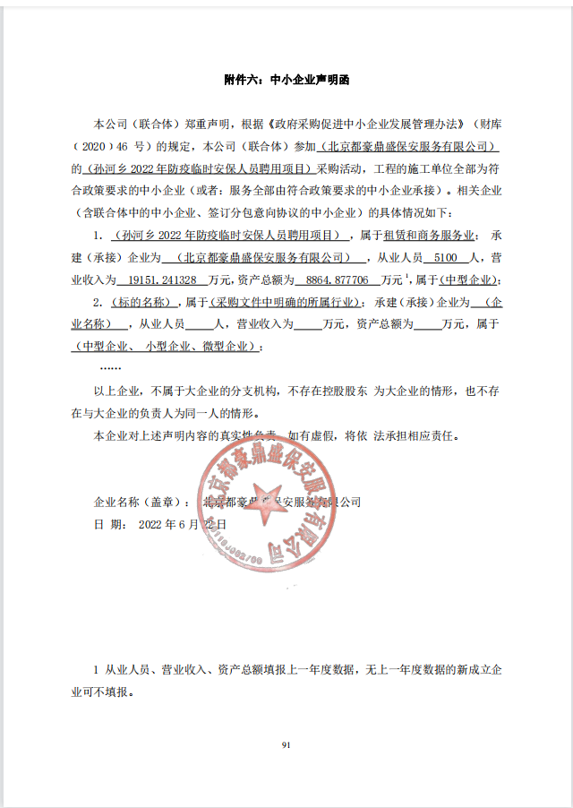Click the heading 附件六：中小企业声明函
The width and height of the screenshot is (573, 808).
pyautogui.click(x=286, y=80)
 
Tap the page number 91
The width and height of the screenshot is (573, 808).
pyautogui.click(x=286, y=744)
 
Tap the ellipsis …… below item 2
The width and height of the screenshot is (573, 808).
pyautogui.click(x=111, y=367)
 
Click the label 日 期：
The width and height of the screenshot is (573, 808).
pyautogui.click(x=111, y=524)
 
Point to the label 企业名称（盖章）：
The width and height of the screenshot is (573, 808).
pyautogui.click(x=142, y=502)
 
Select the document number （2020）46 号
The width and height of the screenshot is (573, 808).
pyautogui.click(x=116, y=145)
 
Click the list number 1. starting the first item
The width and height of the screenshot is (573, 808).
pyautogui.click(x=99, y=236)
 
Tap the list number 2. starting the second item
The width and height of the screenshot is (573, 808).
pyautogui.click(x=99, y=302)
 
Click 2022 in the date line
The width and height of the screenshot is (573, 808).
pyautogui.click(x=154, y=524)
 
